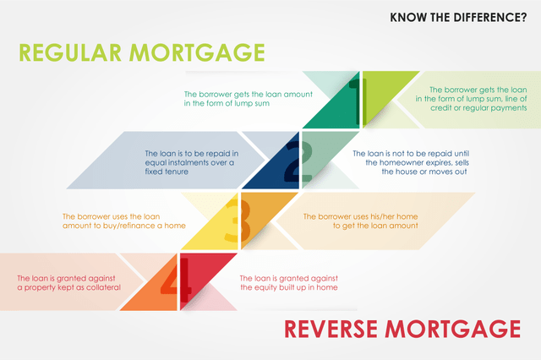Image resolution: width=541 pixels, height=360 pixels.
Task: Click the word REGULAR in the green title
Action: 70,52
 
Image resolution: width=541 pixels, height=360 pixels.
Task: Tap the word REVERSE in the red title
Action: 331,329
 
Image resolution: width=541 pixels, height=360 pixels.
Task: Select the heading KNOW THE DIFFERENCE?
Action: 458,18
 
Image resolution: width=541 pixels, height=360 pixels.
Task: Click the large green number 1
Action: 358,101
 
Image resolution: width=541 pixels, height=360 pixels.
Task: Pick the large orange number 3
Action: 238,221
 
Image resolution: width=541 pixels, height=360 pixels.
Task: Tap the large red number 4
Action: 176,275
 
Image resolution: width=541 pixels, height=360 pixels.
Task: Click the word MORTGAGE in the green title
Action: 197,52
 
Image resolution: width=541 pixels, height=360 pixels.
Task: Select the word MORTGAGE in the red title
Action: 453,329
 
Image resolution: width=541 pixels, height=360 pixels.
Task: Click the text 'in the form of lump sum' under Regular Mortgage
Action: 227,103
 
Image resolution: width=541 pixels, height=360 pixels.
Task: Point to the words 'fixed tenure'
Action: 167,172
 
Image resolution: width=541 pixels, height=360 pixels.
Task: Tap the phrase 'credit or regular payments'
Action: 478,108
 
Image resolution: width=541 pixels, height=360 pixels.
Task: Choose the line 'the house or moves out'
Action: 424,172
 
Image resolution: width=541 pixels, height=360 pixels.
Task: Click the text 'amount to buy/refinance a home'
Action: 124,226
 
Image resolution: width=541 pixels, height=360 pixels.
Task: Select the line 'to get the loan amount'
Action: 375,226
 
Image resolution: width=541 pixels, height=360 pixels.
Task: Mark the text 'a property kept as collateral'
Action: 69,287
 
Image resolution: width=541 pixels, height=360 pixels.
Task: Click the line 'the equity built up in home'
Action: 289,287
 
